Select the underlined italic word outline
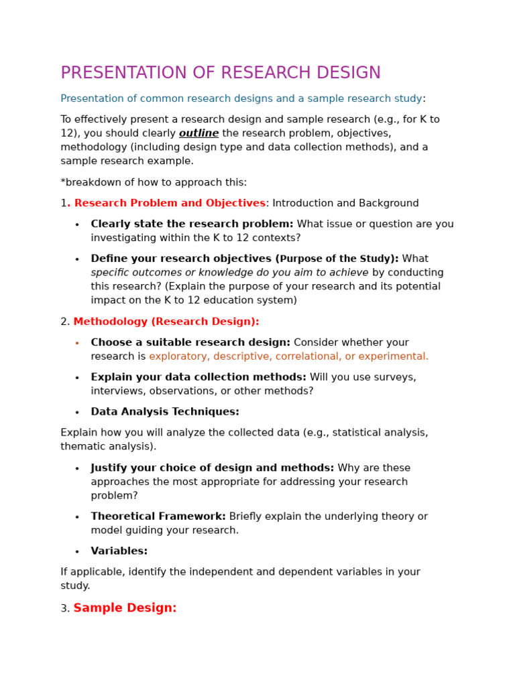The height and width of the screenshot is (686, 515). point(198,133)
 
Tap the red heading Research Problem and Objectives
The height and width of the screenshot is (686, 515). point(170,204)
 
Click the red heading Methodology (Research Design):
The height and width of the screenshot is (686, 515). point(166,322)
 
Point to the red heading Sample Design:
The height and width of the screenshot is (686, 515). point(125,608)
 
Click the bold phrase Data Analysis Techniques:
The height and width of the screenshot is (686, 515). point(165,412)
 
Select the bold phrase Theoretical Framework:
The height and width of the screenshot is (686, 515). point(158,517)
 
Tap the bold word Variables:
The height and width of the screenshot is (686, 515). point(119,551)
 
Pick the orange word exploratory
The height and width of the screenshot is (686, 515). point(178,356)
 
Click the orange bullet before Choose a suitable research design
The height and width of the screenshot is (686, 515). point(77,344)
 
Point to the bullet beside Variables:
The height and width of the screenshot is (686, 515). point(77,552)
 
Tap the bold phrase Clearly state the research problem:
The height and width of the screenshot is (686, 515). point(192,224)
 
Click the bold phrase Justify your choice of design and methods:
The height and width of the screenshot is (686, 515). point(212,468)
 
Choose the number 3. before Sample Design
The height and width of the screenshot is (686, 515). point(65,609)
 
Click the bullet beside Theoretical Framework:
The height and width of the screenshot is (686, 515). point(77,517)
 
